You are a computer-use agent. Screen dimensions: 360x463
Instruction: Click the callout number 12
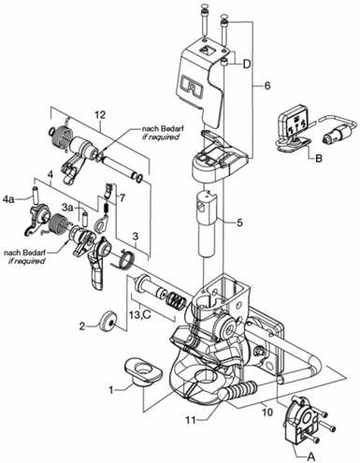pos(100,115)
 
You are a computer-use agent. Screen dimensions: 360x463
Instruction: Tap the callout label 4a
pos(8,198)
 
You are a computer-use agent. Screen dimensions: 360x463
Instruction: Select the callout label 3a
pos(68,208)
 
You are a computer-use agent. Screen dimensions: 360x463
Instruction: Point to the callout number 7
pos(122,197)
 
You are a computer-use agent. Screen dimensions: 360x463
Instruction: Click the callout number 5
pos(239,223)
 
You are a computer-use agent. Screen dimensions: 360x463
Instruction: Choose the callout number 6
pos(267,86)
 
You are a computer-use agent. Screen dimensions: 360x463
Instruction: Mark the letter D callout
pos(247,65)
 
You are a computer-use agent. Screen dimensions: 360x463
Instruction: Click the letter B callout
pos(319,159)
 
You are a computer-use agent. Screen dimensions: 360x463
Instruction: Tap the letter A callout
pos(310,456)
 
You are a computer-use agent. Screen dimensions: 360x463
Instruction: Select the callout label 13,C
pos(140,315)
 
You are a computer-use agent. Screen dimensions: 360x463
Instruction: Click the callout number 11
pos(192,420)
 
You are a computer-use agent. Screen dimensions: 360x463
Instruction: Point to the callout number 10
pos(267,412)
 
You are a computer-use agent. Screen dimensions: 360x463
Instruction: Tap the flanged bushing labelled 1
pos(143,372)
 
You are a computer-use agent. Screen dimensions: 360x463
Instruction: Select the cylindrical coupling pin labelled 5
pos(206,224)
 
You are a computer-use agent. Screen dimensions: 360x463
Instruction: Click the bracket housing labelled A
pos(298,416)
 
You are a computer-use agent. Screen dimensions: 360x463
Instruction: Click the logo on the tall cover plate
pos(192,84)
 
